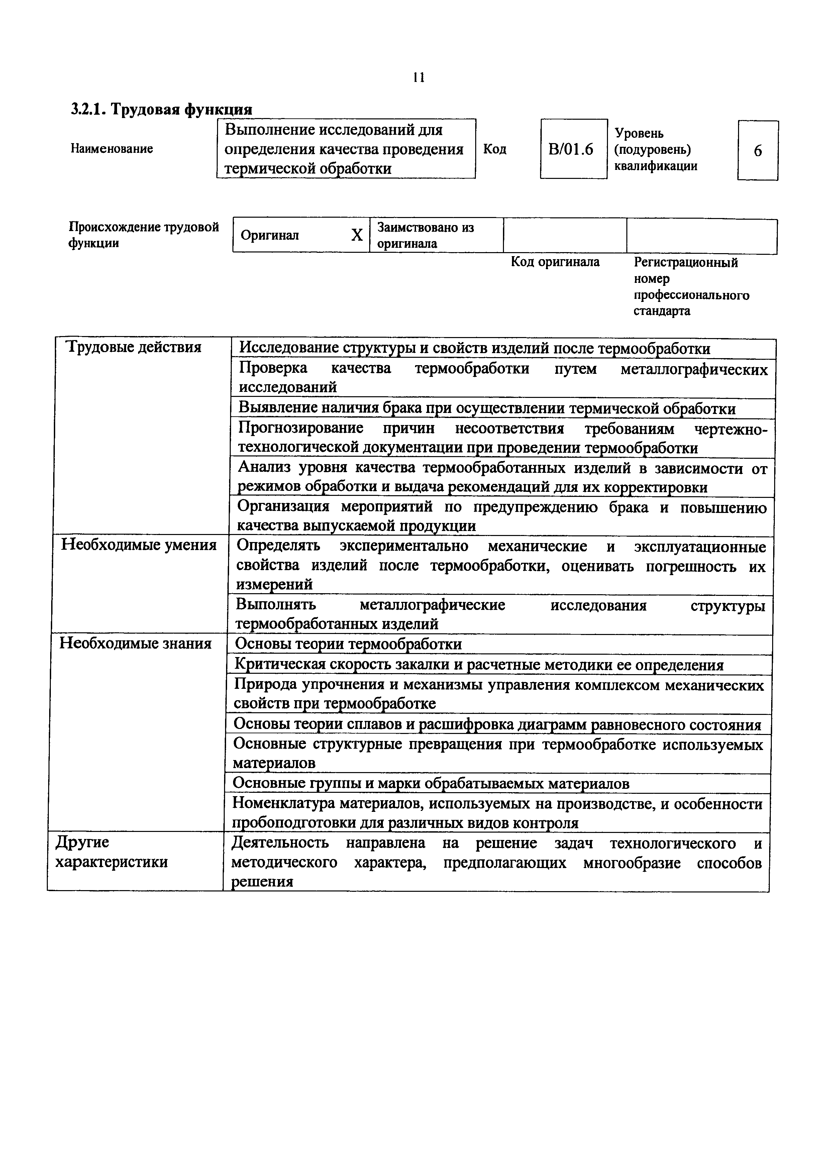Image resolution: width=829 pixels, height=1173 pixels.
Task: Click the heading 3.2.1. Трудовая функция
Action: (162, 109)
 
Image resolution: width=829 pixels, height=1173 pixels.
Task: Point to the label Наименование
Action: (112, 149)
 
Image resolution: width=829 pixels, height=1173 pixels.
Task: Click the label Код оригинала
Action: (555, 262)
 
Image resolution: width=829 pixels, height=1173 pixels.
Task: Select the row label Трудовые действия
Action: (135, 348)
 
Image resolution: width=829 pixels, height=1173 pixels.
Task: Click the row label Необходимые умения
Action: (139, 545)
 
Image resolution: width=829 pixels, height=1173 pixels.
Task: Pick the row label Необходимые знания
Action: (136, 643)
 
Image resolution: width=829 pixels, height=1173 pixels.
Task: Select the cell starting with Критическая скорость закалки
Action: (479, 665)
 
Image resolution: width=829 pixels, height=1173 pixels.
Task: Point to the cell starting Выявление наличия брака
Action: (487, 409)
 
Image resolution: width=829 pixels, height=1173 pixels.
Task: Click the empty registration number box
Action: (701, 235)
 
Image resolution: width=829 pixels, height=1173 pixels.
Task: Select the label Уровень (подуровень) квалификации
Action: (656, 150)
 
